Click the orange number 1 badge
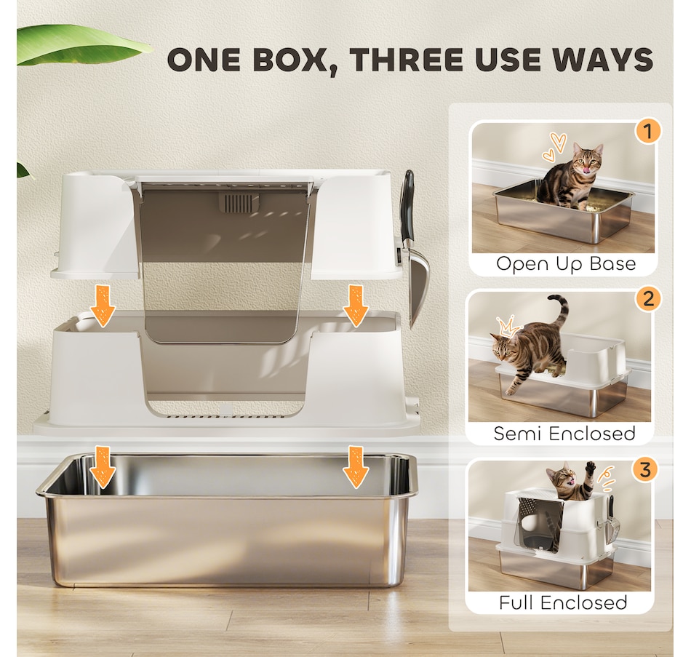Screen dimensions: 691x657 [x=648, y=131]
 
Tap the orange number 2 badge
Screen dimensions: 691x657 [x=648, y=300]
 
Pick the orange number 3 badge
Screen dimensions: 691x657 [x=645, y=469]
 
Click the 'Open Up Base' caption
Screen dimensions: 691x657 [x=566, y=263]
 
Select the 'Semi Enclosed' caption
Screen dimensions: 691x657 [x=564, y=434]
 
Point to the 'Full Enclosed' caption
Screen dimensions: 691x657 [x=563, y=602]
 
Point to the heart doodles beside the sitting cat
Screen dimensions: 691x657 [x=554, y=146]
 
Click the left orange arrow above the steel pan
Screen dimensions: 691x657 [x=103, y=467]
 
